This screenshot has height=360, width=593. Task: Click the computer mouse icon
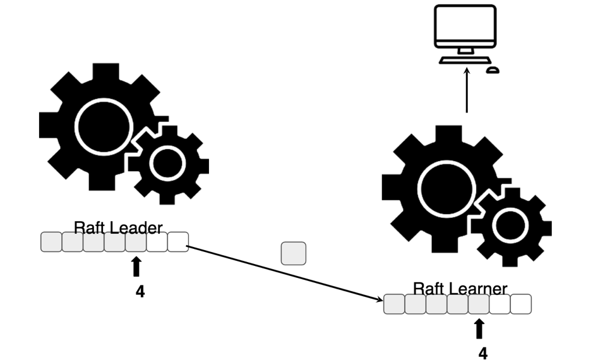click(x=493, y=69)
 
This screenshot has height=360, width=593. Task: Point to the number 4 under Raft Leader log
click(x=140, y=292)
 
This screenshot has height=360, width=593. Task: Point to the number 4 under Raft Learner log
click(x=482, y=353)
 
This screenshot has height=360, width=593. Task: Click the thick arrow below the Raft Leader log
click(x=136, y=267)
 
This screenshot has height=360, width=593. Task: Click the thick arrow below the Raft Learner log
click(x=479, y=328)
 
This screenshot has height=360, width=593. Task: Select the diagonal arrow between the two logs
click(x=284, y=272)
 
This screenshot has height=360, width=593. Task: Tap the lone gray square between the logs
click(x=293, y=253)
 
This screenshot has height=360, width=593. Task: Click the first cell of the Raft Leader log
click(x=51, y=242)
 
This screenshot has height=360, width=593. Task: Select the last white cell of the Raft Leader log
click(x=178, y=242)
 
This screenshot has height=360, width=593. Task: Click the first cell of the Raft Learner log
click(x=394, y=304)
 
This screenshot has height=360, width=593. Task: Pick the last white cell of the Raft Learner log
click(x=521, y=304)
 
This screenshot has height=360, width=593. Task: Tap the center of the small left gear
click(x=167, y=164)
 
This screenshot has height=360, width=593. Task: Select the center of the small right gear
click(x=510, y=226)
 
